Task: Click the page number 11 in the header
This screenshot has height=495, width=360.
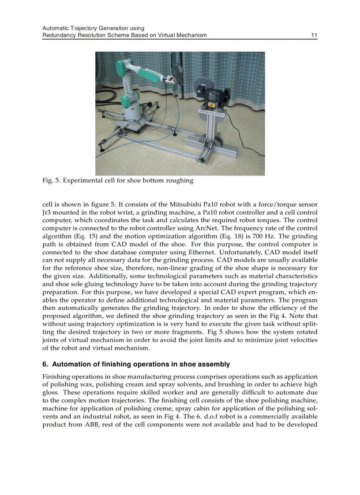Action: click(314, 35)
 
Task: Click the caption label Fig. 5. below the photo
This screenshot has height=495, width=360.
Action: click(51, 181)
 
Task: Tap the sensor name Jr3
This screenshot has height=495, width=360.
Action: click(47, 212)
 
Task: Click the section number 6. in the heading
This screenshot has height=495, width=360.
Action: click(45, 365)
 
